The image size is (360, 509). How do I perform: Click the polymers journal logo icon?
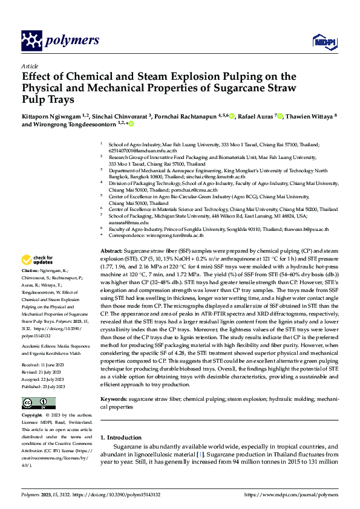[31, 41]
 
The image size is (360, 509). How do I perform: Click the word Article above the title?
[29, 66]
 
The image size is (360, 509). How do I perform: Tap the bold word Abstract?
[111, 250]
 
